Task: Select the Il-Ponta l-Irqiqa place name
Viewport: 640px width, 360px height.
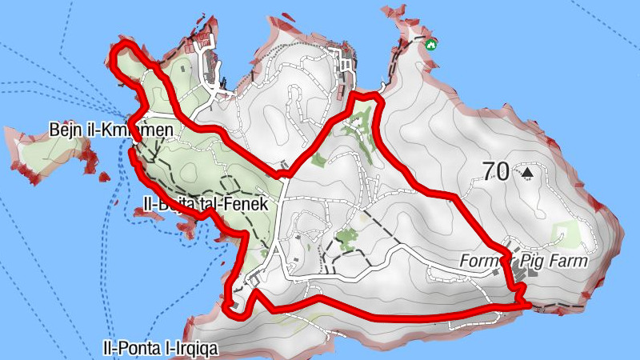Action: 160,348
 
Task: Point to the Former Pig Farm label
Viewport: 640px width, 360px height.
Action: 523,261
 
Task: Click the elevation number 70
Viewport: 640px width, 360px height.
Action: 496,170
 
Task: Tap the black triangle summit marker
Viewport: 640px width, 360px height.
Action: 526,171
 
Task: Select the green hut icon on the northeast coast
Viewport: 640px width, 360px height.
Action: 431,43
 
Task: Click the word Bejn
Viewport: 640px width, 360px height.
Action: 66,130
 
